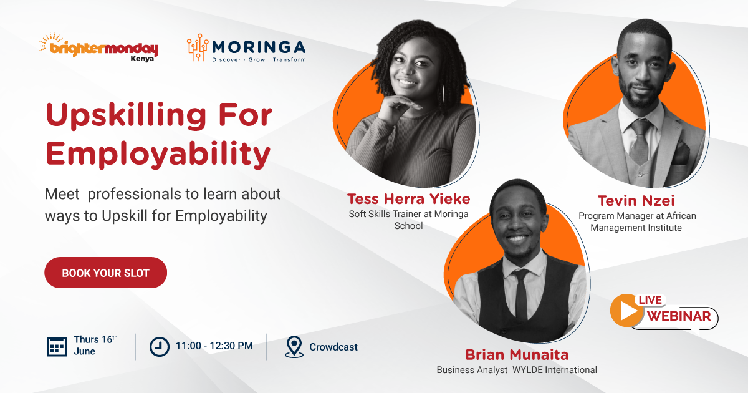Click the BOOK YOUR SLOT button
[105, 273]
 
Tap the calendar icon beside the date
[57, 347]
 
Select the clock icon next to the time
[160, 347]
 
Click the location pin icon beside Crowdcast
[294, 347]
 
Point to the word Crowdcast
[333, 347]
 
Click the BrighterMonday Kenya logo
[98, 47]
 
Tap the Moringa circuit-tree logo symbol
[198, 47]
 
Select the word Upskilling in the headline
[126, 116]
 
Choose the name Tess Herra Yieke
[409, 199]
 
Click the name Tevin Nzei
[636, 201]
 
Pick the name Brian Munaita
[517, 355]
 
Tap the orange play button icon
[627, 311]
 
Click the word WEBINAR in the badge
[679, 316]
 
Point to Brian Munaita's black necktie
[521, 294]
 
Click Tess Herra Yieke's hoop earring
[441, 95]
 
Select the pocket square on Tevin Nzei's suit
[681, 153]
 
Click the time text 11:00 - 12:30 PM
[214, 346]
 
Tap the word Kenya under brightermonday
[142, 59]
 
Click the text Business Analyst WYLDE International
[517, 370]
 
